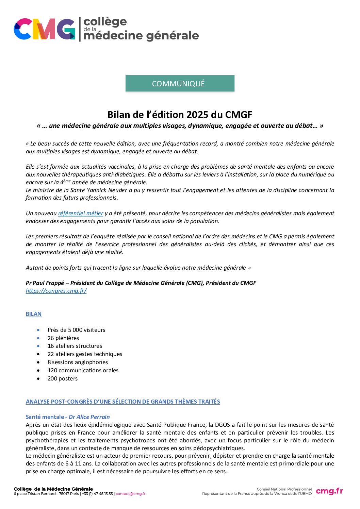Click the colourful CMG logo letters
[x=44, y=29]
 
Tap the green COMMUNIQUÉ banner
[x=180, y=84]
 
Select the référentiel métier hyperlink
[x=81, y=213]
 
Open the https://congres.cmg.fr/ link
[x=56, y=291]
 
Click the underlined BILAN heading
[x=34, y=314]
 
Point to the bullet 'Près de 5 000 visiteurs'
[x=76, y=330]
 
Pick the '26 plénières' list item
[x=63, y=338]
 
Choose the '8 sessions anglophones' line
[x=78, y=362]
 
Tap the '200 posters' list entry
[x=63, y=378]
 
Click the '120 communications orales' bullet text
[x=83, y=370]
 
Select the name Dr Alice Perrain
[x=89, y=417]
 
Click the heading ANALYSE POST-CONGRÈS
[x=122, y=402]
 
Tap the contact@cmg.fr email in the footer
[x=131, y=494]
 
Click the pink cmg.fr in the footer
[x=329, y=491]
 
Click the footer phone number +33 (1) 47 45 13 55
[x=97, y=494]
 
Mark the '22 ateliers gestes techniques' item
[x=85, y=354]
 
